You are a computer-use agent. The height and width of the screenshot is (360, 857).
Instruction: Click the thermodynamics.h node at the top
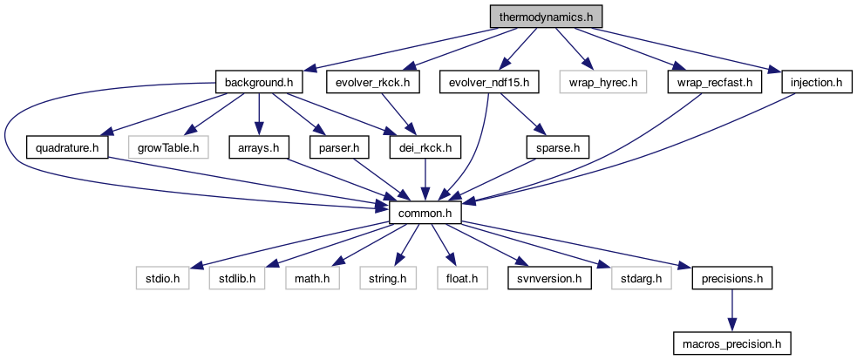545,17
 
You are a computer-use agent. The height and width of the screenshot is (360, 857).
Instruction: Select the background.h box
263,83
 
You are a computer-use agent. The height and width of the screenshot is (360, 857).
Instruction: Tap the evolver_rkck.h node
372,83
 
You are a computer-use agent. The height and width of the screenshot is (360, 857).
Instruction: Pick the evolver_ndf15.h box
490,83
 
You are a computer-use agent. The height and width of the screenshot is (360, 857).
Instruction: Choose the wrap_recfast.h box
715,83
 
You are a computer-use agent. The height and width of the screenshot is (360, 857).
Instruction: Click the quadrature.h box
67,148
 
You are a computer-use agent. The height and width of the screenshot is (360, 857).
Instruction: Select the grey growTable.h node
168,148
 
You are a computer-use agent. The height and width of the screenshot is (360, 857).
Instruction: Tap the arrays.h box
260,148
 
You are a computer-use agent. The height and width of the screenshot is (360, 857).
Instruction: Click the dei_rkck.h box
425,148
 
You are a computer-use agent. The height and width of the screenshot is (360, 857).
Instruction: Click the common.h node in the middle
425,214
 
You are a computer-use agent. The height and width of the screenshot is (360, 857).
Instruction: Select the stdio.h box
163,279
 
